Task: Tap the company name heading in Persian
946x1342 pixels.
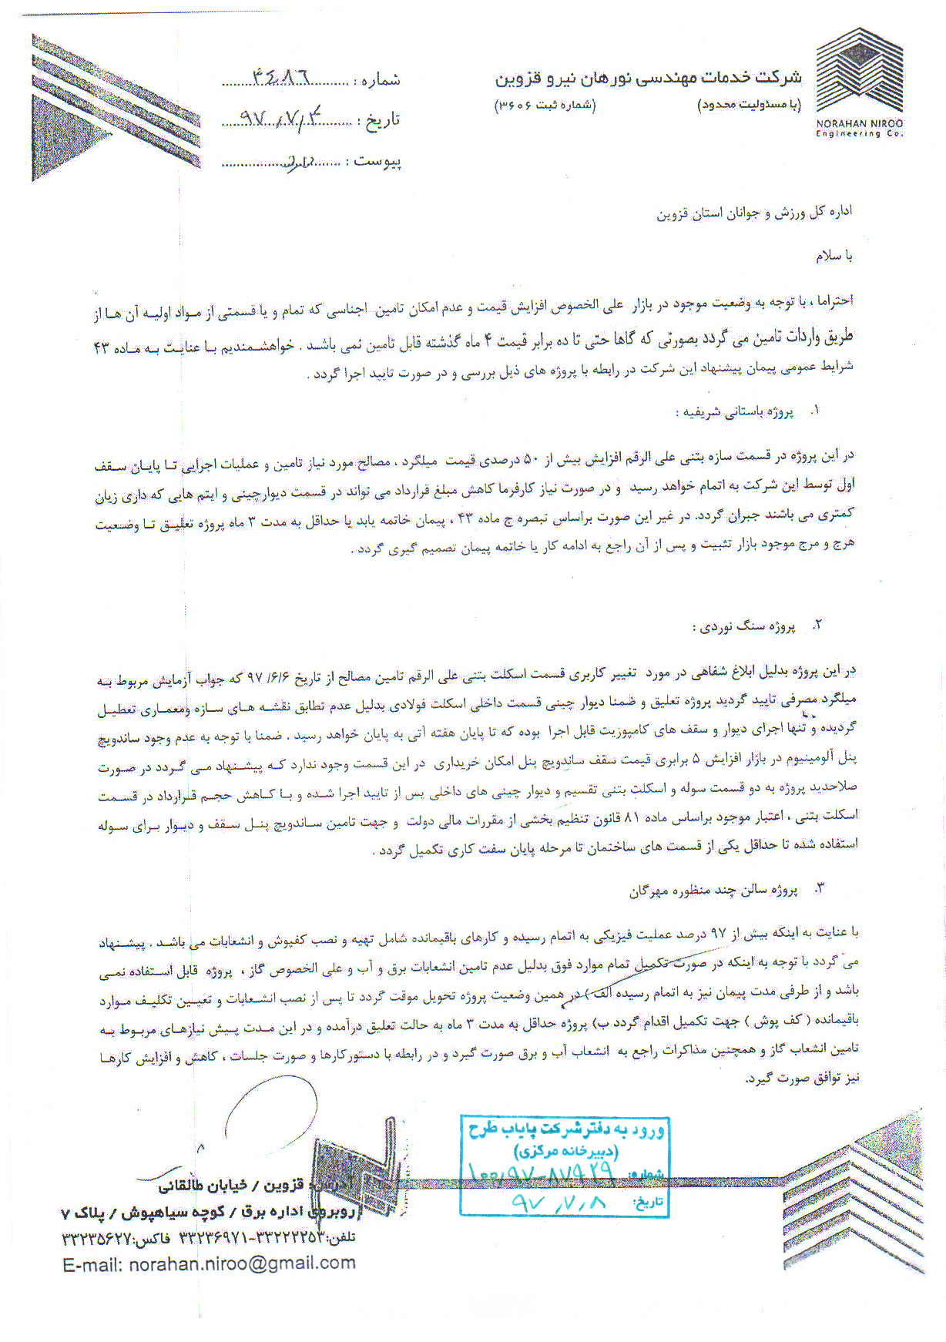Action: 648,78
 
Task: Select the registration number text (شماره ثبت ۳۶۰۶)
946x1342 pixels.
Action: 545,105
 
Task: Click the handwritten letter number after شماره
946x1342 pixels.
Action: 281,77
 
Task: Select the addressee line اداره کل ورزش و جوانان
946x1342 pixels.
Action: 754,213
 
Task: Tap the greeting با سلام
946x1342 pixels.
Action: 834,256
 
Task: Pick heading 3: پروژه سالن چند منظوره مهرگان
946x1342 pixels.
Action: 713,891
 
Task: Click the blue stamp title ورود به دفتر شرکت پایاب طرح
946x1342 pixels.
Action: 566,1130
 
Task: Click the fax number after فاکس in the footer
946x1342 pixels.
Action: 96,1238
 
